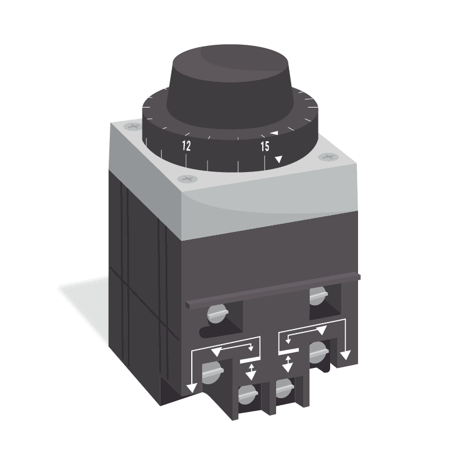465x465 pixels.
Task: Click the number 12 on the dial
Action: [186, 146]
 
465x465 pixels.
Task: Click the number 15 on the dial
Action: [264, 146]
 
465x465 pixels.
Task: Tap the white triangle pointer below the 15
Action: [279, 159]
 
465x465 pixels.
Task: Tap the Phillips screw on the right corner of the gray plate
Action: [329, 157]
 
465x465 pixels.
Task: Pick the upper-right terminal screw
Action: [317, 295]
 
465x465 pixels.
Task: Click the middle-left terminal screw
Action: [211, 370]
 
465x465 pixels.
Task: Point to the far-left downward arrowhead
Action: [190, 388]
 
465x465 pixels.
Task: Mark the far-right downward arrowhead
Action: [346, 355]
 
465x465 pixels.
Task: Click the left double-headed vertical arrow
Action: [251, 371]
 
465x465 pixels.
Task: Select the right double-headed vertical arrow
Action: [287, 365]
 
